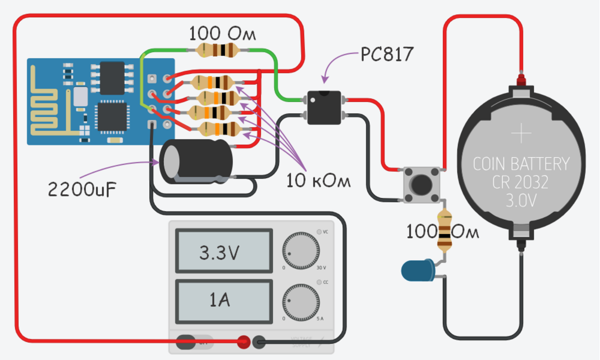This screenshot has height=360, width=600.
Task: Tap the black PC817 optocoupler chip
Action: click(x=324, y=107)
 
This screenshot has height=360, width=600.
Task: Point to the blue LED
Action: click(x=418, y=270)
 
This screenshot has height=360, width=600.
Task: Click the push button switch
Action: click(x=421, y=185)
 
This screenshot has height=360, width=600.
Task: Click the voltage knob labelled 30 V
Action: click(x=300, y=250)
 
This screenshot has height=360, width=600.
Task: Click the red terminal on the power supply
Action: click(x=243, y=342)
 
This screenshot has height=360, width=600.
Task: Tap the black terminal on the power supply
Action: click(x=259, y=342)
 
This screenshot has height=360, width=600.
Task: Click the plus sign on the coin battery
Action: click(x=521, y=134)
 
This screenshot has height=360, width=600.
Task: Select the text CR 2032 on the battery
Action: click(x=520, y=182)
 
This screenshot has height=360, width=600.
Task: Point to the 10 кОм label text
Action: click(x=318, y=181)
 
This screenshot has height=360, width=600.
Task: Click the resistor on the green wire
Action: click(x=217, y=49)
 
